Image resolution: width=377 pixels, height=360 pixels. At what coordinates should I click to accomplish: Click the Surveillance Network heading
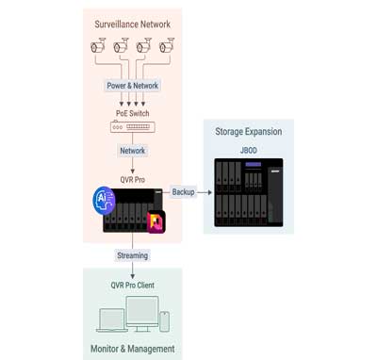(x=132, y=25)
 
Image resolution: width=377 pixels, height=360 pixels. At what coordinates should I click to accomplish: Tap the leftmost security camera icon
(x=98, y=45)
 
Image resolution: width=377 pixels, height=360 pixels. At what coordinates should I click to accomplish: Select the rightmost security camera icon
(x=167, y=45)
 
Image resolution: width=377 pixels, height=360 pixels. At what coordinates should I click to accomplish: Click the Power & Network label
(x=132, y=86)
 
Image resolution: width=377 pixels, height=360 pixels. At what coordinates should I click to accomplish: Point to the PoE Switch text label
(x=133, y=113)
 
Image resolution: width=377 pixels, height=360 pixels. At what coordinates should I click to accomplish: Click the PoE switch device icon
(x=133, y=126)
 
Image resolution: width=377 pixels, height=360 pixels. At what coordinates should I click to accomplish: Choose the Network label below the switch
(x=133, y=151)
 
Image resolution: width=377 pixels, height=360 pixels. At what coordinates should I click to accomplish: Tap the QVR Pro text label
(x=133, y=180)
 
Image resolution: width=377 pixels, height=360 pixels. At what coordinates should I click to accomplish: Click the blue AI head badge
(x=104, y=201)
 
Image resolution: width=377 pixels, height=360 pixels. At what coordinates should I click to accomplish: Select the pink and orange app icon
(x=156, y=222)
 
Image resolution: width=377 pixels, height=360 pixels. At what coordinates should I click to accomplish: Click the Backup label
(x=183, y=192)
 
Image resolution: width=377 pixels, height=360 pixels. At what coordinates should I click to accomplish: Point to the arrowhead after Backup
(x=209, y=192)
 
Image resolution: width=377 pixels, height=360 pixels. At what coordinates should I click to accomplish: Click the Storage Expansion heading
(x=249, y=131)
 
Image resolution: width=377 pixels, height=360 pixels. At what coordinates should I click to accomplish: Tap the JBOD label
(x=249, y=150)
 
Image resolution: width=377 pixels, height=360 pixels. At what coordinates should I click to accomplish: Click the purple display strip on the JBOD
(x=254, y=164)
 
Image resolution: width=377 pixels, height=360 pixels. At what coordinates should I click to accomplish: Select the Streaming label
(x=133, y=255)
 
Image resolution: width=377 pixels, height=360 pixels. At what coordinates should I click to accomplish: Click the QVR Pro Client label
(x=133, y=285)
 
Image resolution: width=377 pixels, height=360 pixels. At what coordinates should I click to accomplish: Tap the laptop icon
(x=112, y=320)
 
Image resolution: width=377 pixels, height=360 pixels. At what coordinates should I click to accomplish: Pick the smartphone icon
(x=164, y=321)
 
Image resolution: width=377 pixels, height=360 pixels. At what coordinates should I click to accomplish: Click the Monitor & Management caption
(x=133, y=349)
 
